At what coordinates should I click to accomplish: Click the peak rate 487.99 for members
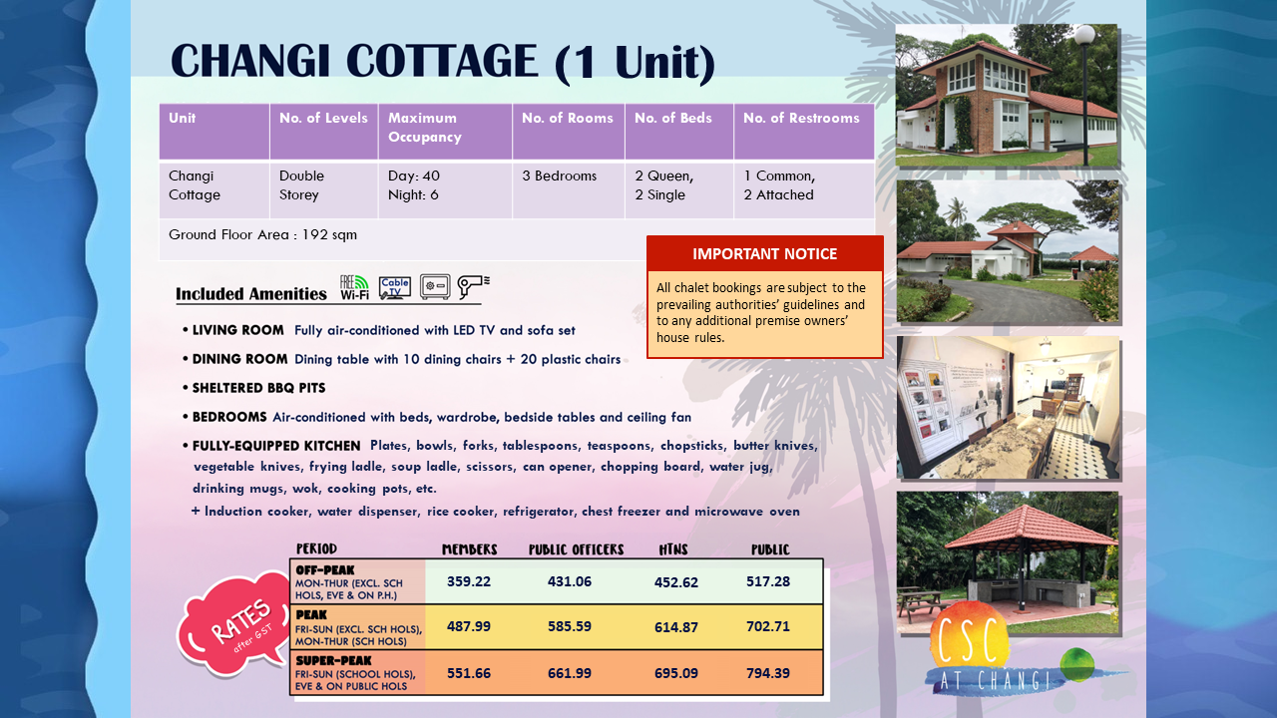pyautogui.click(x=469, y=626)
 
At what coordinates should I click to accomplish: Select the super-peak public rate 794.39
pyautogui.click(x=768, y=673)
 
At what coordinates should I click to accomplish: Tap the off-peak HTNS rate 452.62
pyautogui.click(x=675, y=582)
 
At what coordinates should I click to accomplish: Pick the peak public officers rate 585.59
pyautogui.click(x=570, y=626)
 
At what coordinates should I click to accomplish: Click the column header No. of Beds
pyautogui.click(x=672, y=118)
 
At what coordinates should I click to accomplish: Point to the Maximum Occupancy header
pyautogui.click(x=425, y=127)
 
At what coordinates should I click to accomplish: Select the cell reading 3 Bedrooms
pyautogui.click(x=560, y=176)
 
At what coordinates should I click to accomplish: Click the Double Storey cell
pyautogui.click(x=301, y=185)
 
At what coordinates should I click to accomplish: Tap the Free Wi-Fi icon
pyautogui.click(x=354, y=287)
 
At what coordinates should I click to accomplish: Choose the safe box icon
pyautogui.click(x=435, y=286)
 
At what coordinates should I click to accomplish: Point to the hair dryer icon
pyautogui.click(x=473, y=286)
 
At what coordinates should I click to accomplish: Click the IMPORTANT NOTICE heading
pyautogui.click(x=764, y=253)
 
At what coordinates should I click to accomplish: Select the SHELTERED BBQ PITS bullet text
pyautogui.click(x=258, y=388)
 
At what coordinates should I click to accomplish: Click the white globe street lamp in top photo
pyautogui.click(x=1084, y=34)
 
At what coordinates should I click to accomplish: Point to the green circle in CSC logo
pyautogui.click(x=1076, y=664)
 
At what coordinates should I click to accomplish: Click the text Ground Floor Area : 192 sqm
pyautogui.click(x=262, y=234)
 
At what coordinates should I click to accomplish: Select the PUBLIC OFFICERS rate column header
pyautogui.click(x=576, y=549)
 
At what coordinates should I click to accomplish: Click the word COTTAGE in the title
pyautogui.click(x=442, y=61)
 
